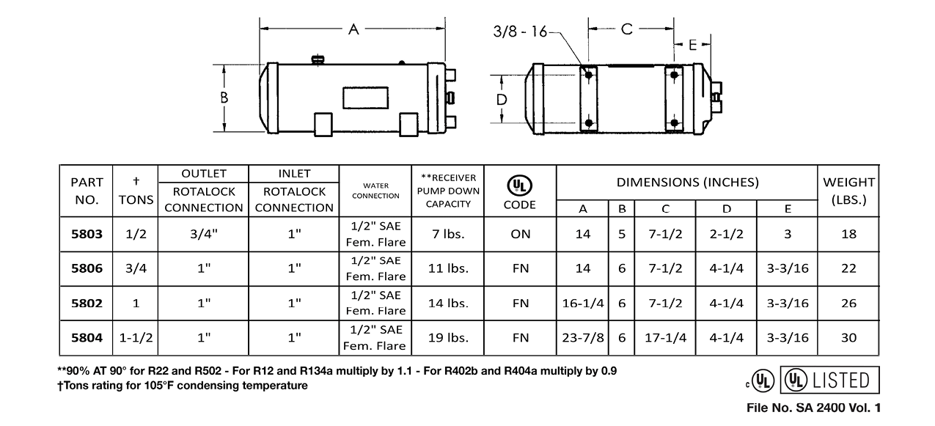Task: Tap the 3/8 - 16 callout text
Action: coord(521,31)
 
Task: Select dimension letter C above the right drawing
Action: coord(627,29)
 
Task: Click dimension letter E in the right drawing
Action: coord(693,45)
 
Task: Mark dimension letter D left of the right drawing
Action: coord(502,99)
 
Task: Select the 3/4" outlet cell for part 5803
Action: coord(203,234)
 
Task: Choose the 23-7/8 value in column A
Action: coord(583,338)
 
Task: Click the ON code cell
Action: coord(520,234)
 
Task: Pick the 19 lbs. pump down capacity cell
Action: coord(447,338)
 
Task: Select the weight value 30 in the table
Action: coord(848,338)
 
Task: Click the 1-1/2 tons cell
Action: coord(136,338)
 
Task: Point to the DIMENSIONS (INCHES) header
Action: coord(687,183)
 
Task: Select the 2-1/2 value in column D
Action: coord(726,234)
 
